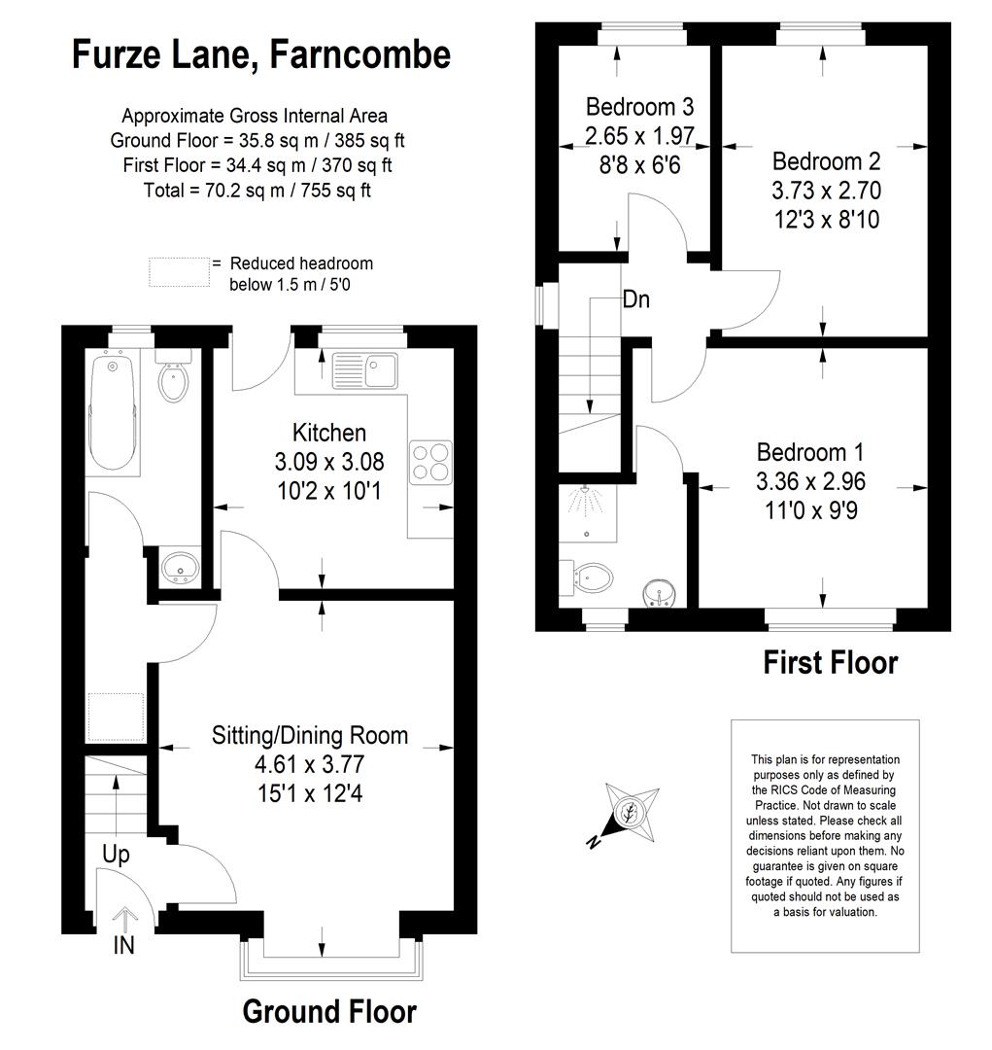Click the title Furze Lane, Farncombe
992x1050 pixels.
pos(261,54)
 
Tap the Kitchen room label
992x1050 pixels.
pos(329,433)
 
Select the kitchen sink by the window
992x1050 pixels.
pos(364,371)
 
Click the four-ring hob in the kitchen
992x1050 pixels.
pos(430,463)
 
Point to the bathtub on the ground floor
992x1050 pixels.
pos(113,412)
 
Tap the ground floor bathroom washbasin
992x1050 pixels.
pos(180,569)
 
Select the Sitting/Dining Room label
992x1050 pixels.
pos(310,735)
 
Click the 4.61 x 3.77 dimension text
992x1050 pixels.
pos(309,764)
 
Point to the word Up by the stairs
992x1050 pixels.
pos(116,856)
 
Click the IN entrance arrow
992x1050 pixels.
pos(123,922)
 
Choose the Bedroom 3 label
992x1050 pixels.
pos(640,107)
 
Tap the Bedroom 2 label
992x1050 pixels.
pos(826,161)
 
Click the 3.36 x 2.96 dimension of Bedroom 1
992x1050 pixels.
pos(810,481)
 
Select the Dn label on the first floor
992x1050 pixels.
pos(635,299)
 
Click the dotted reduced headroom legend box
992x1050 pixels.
pos(180,272)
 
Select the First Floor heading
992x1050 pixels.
pos(830,662)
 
